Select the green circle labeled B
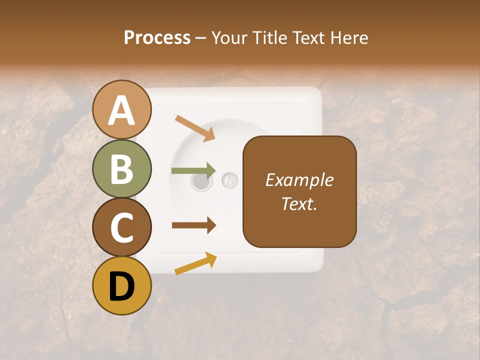pos(122,168)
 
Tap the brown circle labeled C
pos(122,227)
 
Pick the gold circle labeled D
pos(122,285)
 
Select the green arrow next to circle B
pos(194,170)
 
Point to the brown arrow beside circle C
pos(194,225)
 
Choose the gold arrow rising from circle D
pos(195,263)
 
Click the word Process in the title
pos(157,37)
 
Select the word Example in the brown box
pos(299,180)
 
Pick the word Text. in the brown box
pos(299,203)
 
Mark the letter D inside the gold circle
pos(122,286)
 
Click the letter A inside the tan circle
pos(122,110)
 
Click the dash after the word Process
pos(201,38)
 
